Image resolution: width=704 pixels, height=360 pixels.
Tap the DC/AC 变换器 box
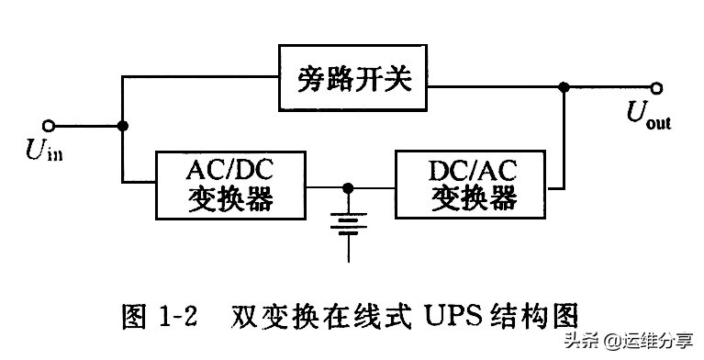click(472, 185)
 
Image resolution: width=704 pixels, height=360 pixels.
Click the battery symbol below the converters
click(348, 224)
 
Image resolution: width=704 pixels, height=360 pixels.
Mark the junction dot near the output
click(564, 87)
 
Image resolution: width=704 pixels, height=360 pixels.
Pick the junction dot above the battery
click(348, 186)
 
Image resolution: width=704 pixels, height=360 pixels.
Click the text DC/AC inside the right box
click(472, 170)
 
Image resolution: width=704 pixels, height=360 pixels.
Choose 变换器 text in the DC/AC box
click(472, 198)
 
